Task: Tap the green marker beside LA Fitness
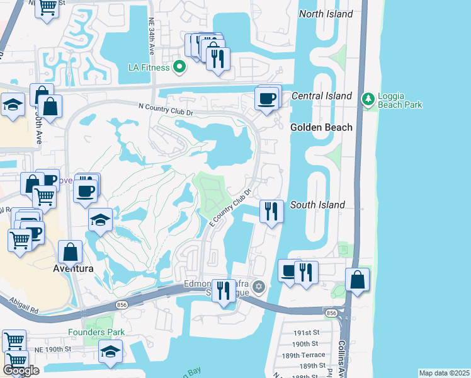pyautogui.click(x=179, y=66)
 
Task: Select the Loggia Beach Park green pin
pyautogui.click(x=368, y=100)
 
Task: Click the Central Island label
pyautogui.click(x=321, y=96)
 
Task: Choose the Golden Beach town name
pyautogui.click(x=321, y=127)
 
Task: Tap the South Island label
pyautogui.click(x=317, y=205)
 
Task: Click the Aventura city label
pyautogui.click(x=72, y=268)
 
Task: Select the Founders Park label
pyautogui.click(x=96, y=332)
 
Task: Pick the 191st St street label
pyautogui.click(x=307, y=332)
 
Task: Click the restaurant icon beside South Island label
pyautogui.click(x=271, y=211)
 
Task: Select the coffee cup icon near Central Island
pyautogui.click(x=266, y=99)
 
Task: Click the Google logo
pyautogui.click(x=21, y=370)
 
